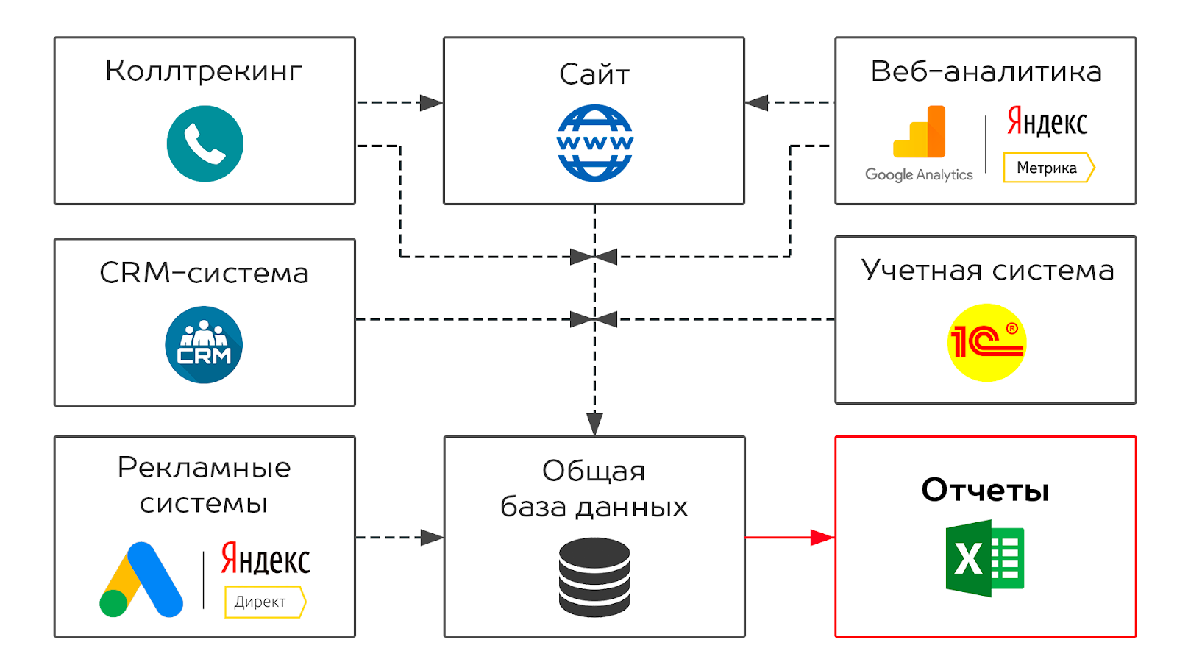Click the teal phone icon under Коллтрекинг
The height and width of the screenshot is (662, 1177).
[205, 143]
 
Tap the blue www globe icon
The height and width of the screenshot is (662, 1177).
[594, 143]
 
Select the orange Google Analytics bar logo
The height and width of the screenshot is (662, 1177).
[920, 132]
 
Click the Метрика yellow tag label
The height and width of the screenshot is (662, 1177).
[1048, 168]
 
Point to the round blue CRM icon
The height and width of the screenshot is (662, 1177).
[204, 344]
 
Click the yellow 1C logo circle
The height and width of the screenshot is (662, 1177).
[986, 343]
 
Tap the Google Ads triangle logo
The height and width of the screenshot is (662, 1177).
[141, 580]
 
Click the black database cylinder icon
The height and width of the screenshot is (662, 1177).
[594, 577]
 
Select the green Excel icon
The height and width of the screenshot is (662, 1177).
[985, 558]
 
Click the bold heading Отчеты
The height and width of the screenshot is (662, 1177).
[985, 490]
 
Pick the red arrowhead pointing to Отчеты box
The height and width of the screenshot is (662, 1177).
[822, 538]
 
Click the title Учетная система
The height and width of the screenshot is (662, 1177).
[987, 270]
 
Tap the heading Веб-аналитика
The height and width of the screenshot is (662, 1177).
[986, 71]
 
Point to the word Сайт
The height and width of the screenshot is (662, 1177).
[594, 74]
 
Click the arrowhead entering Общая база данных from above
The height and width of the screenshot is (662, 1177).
[594, 424]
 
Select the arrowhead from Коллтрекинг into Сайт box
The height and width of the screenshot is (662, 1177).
[430, 103]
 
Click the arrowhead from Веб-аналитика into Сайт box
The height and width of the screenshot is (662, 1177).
[757, 103]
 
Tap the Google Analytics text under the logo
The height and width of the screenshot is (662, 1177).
[919, 175]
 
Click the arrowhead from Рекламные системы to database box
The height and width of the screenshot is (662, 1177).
[431, 538]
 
